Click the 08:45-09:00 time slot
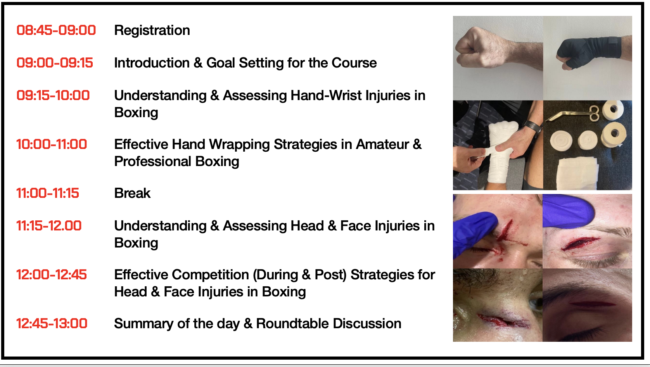click(56, 30)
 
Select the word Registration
click(152, 31)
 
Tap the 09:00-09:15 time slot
click(55, 63)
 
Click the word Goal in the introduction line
click(221, 63)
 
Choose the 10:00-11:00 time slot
click(52, 144)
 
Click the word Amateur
click(382, 144)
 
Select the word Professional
click(152, 161)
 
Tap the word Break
click(132, 193)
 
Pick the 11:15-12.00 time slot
click(49, 226)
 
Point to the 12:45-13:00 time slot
click(52, 324)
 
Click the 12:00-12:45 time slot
click(51, 275)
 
